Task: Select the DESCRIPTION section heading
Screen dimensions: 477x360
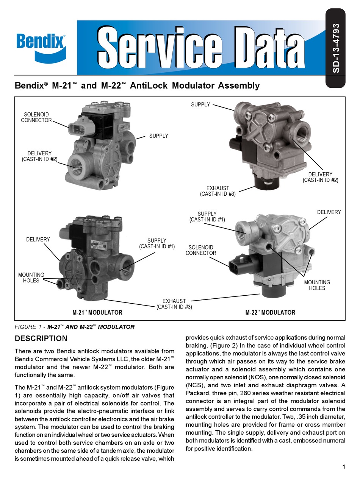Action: (41, 338)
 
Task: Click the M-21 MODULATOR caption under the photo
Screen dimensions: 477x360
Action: (97, 313)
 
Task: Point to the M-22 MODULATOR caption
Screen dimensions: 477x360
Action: (270, 313)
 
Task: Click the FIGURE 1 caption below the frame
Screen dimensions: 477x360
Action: (74, 327)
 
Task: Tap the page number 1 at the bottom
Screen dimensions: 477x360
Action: (343, 466)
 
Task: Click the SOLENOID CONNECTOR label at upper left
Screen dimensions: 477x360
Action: (36, 117)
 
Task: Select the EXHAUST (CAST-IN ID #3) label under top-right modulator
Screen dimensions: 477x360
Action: (218, 191)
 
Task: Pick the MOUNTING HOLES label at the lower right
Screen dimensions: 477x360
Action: (317, 285)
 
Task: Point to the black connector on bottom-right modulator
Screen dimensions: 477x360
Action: (236, 265)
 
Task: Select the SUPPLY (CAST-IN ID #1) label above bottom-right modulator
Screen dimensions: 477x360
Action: (207, 217)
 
